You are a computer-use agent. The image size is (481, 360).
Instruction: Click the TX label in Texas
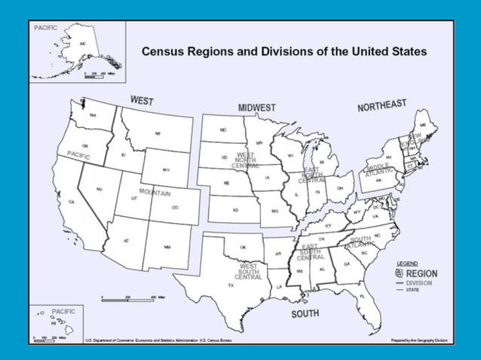(231, 285)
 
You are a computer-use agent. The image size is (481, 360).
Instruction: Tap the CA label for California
(72, 203)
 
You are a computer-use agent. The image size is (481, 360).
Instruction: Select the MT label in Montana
(158, 133)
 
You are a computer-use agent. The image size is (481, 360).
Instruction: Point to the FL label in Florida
(363, 297)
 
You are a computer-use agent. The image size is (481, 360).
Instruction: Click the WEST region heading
(142, 100)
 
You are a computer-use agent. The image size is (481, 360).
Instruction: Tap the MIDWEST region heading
(256, 108)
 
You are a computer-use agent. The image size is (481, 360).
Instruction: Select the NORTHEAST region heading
(381, 105)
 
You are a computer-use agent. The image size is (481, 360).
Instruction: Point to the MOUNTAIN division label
(155, 193)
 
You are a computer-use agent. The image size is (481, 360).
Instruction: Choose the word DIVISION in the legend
(419, 282)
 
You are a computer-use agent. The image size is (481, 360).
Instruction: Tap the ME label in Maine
(424, 125)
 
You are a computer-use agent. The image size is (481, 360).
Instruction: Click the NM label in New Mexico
(167, 247)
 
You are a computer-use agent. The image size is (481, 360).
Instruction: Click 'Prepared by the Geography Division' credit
(419, 340)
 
